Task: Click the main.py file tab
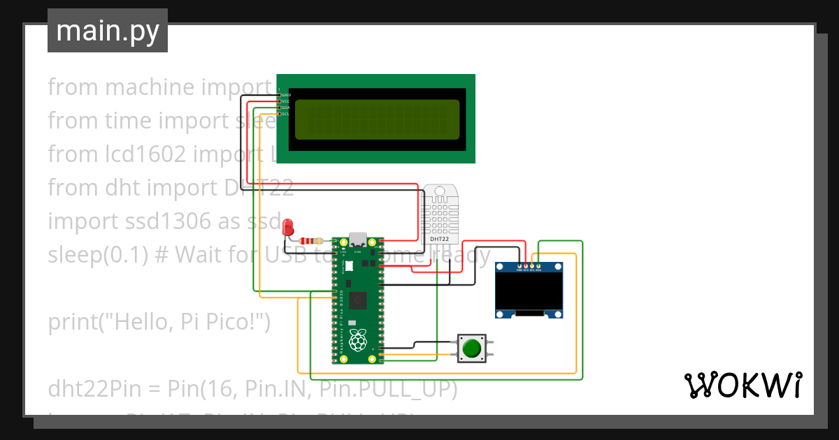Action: (108, 31)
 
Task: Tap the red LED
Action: (287, 228)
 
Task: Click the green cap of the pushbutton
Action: (473, 348)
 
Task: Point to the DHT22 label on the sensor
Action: (440, 240)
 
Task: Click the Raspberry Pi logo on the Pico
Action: (358, 341)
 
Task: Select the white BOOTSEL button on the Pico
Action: (348, 266)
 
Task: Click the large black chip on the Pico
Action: (358, 301)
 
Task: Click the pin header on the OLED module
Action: (529, 265)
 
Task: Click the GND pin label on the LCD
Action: (286, 94)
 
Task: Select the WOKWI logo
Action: (743, 385)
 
